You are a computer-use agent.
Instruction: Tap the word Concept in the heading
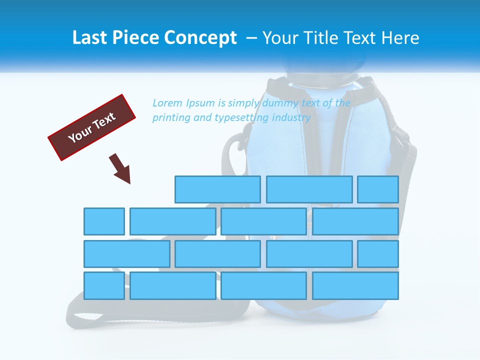pos(201,38)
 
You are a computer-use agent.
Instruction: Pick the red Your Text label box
pos(92,127)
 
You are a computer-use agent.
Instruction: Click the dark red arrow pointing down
pos(121,168)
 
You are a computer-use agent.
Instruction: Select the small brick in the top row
pos(378,189)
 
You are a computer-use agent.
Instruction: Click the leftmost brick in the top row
pos(217,189)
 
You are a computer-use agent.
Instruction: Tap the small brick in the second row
pos(104,221)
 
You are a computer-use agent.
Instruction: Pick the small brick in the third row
pos(378,253)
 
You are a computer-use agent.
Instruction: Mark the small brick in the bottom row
pos(104,285)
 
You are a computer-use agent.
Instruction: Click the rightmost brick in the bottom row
pos(355,285)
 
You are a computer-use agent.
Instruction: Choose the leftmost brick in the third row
pos(126,253)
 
